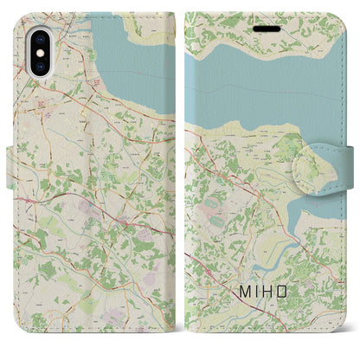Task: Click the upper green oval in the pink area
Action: pos(212,201)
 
